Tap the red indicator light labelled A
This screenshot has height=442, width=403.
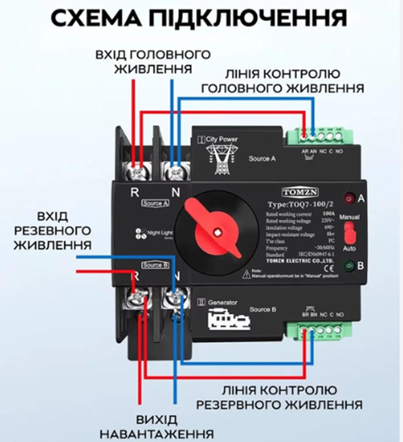pos(348,198)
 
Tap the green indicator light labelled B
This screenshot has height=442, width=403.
pos(348,266)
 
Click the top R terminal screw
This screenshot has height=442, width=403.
pos(137,171)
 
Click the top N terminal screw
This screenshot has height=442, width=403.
pos(177,171)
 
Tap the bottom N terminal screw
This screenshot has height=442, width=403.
pos(177,297)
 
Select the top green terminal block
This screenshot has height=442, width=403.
pos(319,136)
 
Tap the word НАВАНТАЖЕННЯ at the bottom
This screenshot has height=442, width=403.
pos(156,433)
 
